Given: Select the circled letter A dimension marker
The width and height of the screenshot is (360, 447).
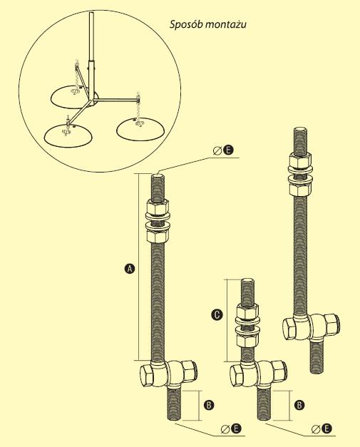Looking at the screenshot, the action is pyautogui.click(x=130, y=269).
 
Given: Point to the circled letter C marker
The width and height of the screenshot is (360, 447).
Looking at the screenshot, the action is pyautogui.click(x=217, y=314).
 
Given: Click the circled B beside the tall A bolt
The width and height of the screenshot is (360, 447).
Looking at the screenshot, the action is pyautogui.click(x=209, y=405).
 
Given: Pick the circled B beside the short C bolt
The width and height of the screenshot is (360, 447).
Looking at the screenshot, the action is pyautogui.click(x=299, y=405).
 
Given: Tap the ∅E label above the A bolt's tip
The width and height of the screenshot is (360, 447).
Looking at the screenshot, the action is pyautogui.click(x=223, y=150).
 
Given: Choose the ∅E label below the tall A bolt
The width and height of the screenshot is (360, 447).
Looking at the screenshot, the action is pyautogui.click(x=231, y=428).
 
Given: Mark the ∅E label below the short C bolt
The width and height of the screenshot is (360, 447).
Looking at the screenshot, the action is pyautogui.click(x=322, y=428).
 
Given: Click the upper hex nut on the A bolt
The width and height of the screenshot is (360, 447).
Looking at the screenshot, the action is pyautogui.click(x=157, y=207).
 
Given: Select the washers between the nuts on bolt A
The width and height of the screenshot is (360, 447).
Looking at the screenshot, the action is pyautogui.click(x=158, y=220).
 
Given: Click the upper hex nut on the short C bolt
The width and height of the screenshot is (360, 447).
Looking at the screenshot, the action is pyautogui.click(x=247, y=310).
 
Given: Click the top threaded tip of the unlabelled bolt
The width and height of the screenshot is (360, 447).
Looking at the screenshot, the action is pyautogui.click(x=301, y=140).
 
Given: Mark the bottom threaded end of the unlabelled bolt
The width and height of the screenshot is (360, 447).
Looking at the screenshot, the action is pyautogui.click(x=317, y=356).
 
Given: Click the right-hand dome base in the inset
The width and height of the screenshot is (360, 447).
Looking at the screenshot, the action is pyautogui.click(x=140, y=129).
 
